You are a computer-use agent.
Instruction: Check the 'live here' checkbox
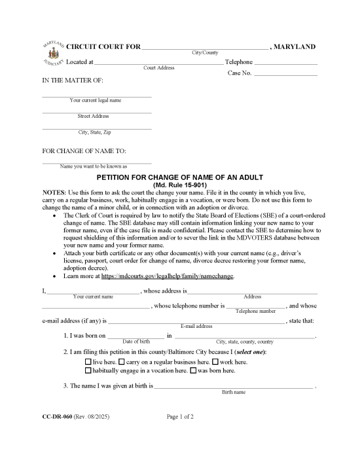click(88, 361)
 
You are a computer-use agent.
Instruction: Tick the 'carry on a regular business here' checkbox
click(122, 361)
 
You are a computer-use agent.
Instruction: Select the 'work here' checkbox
click(215, 361)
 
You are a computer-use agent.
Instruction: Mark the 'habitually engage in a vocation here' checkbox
click(88, 370)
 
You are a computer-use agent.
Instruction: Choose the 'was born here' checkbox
click(193, 370)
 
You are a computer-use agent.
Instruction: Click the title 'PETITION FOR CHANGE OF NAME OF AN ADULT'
click(179, 177)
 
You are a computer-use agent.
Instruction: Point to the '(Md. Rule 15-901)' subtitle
click(179, 185)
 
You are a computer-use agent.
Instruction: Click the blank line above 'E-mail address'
click(196, 322)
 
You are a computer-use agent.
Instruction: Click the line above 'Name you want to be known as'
click(97, 162)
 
